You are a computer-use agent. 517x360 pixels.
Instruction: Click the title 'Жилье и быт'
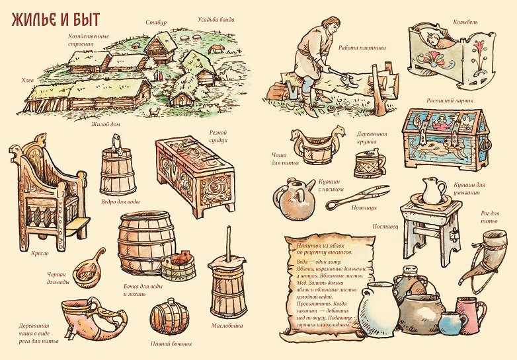click(56, 20)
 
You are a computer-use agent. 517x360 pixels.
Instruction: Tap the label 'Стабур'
click(156, 22)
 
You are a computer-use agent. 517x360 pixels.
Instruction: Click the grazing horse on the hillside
click(216, 49)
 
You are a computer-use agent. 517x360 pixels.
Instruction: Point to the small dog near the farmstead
click(154, 112)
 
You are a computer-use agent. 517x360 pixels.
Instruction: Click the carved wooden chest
click(196, 176)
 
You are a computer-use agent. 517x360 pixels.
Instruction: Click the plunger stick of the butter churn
click(228, 242)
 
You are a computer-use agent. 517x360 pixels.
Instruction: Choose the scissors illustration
click(358, 197)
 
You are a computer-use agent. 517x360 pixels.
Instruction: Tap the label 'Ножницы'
click(364, 208)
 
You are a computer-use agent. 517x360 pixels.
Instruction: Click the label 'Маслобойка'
click(227, 326)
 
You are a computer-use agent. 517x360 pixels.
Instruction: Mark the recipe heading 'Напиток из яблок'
click(319, 245)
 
